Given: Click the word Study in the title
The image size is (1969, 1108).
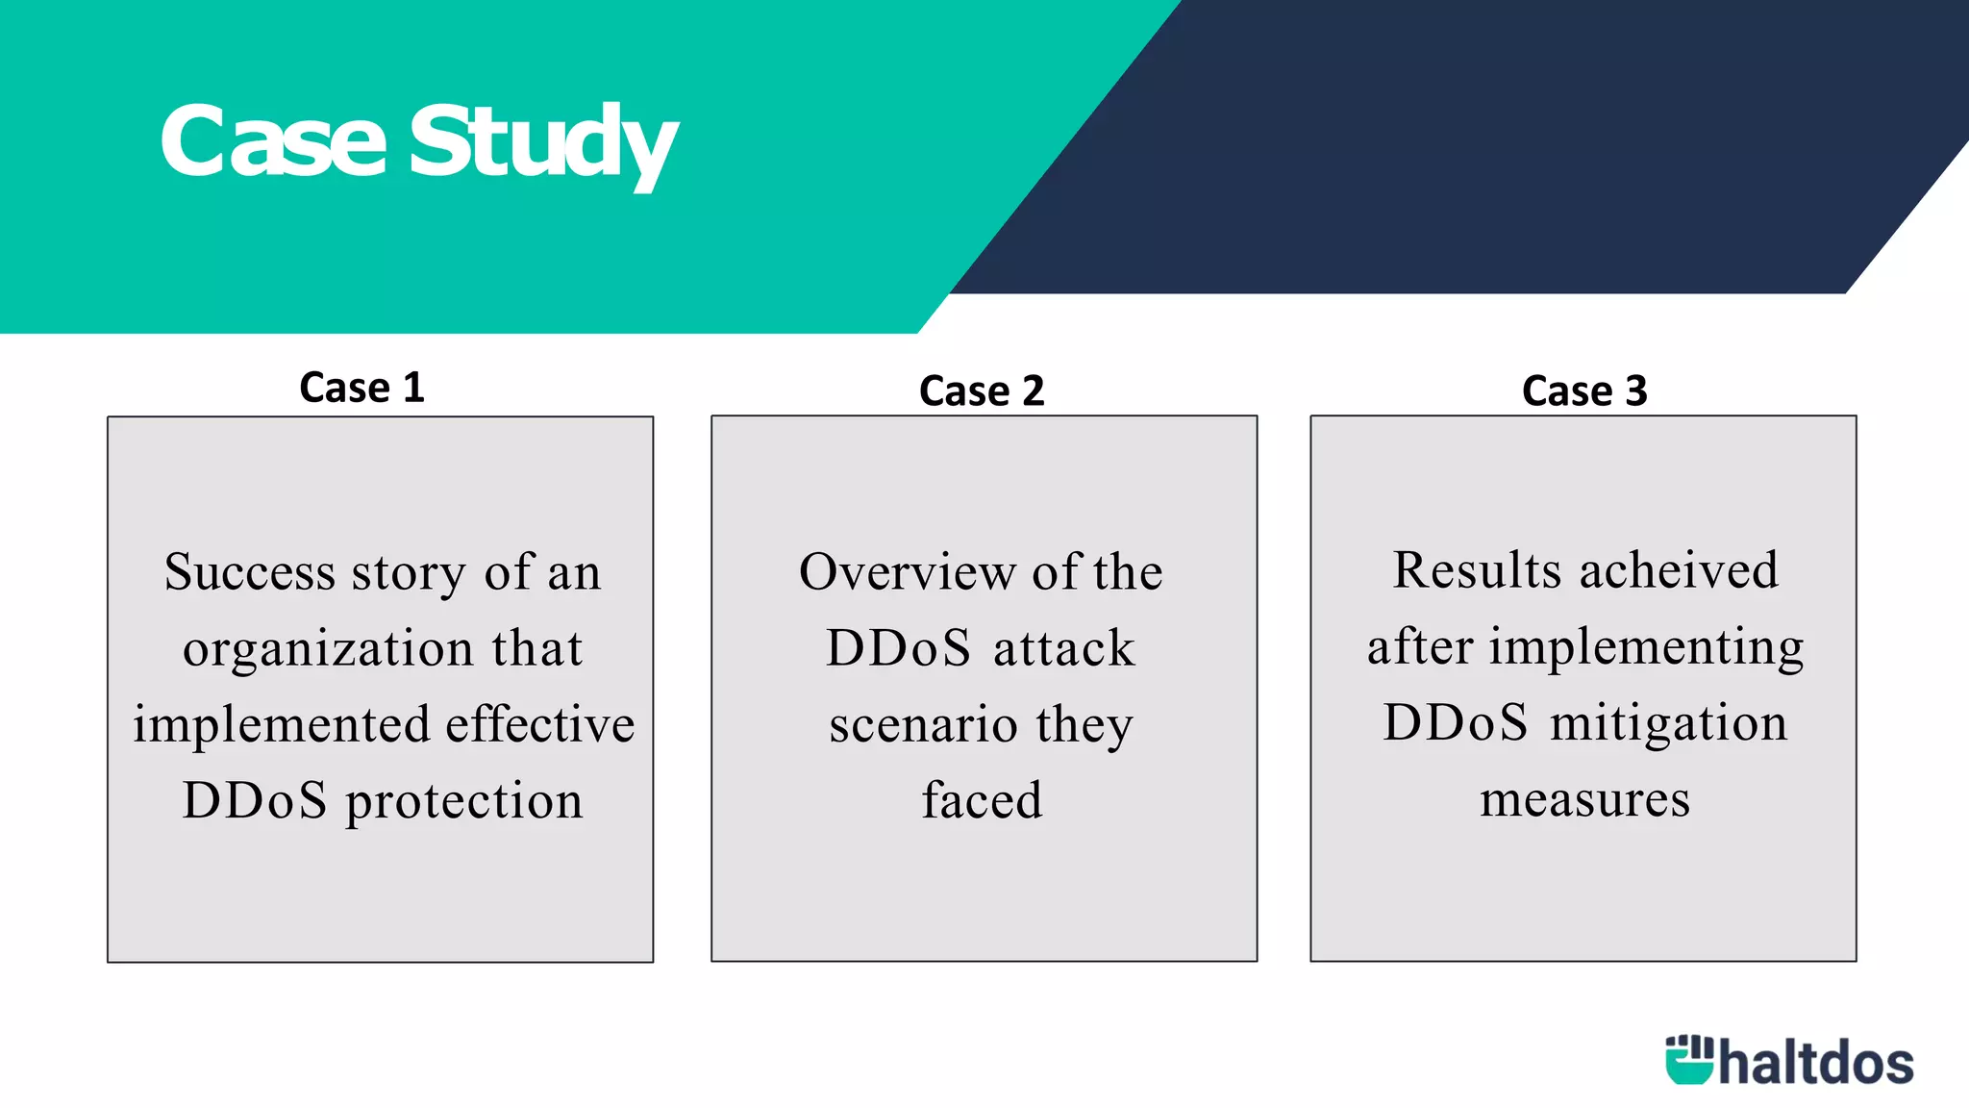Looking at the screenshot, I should pyautogui.click(x=543, y=144).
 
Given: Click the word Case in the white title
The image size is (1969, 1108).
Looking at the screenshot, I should pyautogui.click(x=273, y=142).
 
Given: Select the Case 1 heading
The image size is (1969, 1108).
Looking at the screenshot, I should pyautogui.click(x=361, y=388).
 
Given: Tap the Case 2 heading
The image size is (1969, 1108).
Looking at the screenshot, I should pyautogui.click(x=982, y=390).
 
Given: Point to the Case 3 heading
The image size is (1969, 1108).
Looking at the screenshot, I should pyautogui.click(x=1584, y=390).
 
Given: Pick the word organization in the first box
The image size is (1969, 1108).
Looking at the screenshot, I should pyautogui.click(x=328, y=648).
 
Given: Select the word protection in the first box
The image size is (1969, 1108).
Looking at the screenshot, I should pyautogui.click(x=464, y=800).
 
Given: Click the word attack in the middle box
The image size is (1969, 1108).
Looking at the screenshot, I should pyautogui.click(x=1063, y=647).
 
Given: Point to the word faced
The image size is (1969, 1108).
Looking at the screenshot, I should pyautogui.click(x=982, y=800).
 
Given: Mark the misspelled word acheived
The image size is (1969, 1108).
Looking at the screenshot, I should pyautogui.click(x=1679, y=569).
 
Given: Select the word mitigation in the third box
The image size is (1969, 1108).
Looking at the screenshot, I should pyautogui.click(x=1668, y=722).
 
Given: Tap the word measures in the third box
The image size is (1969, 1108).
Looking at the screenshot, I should pyautogui.click(x=1584, y=799).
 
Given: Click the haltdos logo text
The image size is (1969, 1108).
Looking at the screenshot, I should pyautogui.click(x=1815, y=1062).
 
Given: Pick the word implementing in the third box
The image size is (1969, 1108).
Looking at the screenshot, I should pyautogui.click(x=1646, y=646).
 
